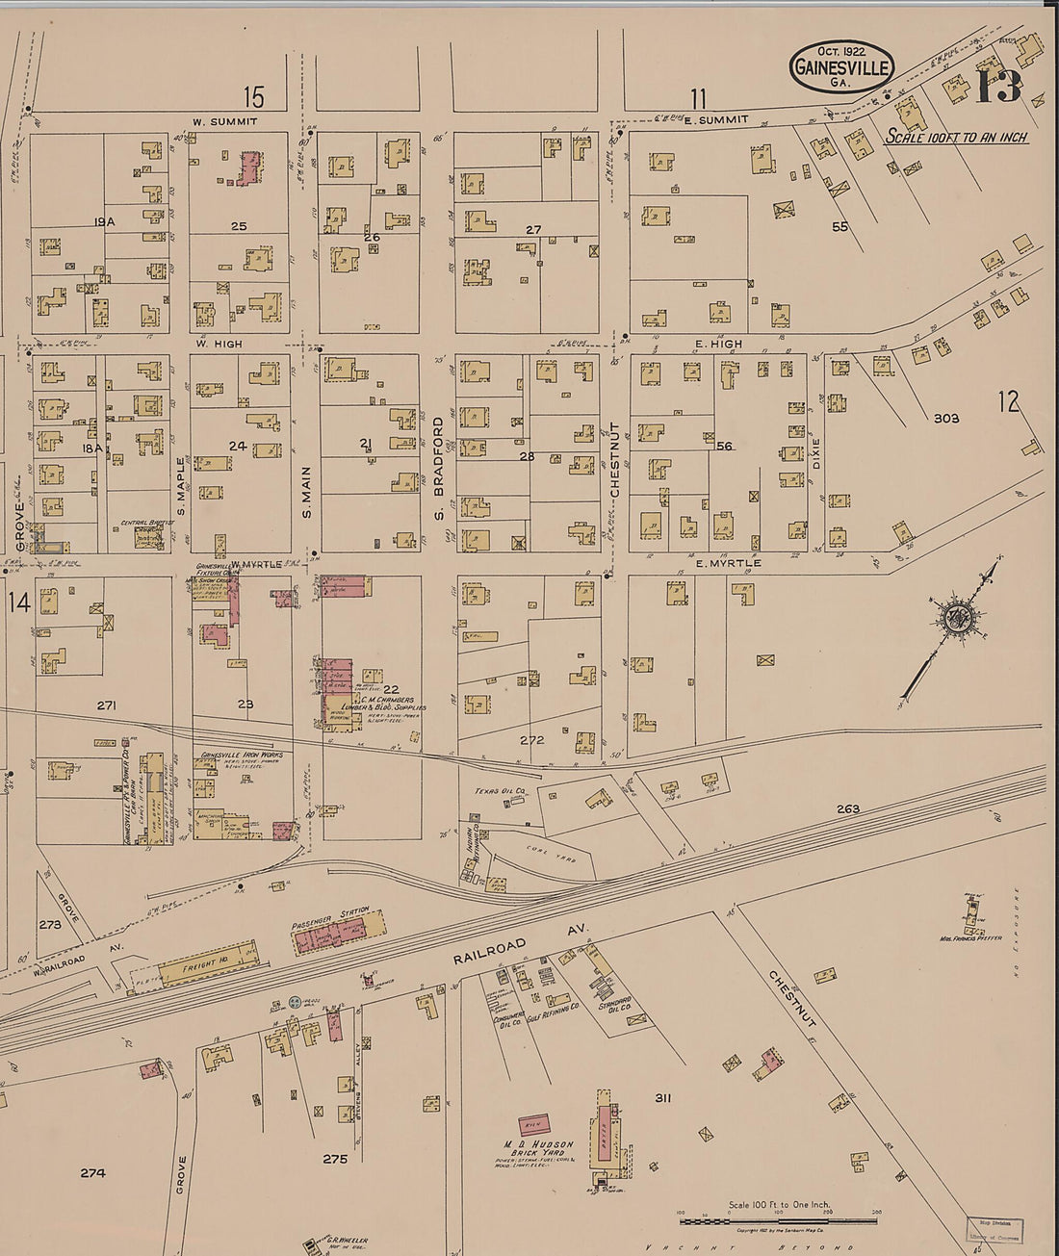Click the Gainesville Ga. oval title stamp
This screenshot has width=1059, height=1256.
click(x=841, y=66)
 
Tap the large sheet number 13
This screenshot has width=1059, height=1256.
click(x=998, y=88)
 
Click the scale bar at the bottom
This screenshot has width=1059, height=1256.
click(x=778, y=1220)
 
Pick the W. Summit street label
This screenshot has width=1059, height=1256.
click(x=224, y=121)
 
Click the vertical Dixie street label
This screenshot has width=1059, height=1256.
click(x=816, y=454)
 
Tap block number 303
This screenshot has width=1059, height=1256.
click(x=945, y=419)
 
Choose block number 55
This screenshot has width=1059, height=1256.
click(x=840, y=227)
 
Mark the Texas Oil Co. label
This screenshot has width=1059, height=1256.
click(x=499, y=792)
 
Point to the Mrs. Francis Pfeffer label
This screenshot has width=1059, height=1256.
click(x=970, y=937)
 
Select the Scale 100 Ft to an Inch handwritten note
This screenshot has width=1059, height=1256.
click(x=956, y=138)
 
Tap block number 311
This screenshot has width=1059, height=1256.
click(x=662, y=1097)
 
